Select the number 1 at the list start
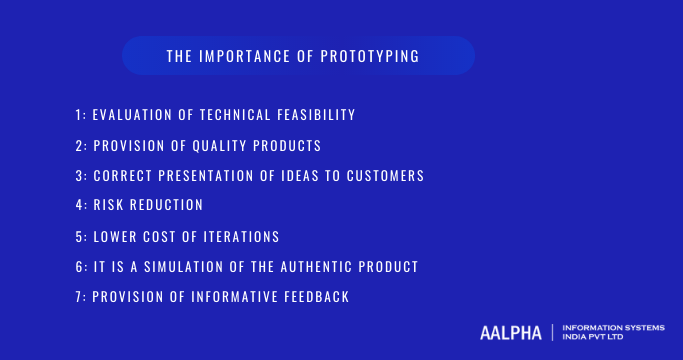pyautogui.click(x=78, y=116)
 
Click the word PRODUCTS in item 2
pyautogui.click(x=286, y=146)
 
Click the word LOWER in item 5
pyautogui.click(x=117, y=237)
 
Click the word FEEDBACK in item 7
pyautogui.click(x=318, y=297)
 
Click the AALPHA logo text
pyautogui.click(x=510, y=332)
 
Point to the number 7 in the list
pyautogui.click(x=78, y=297)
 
